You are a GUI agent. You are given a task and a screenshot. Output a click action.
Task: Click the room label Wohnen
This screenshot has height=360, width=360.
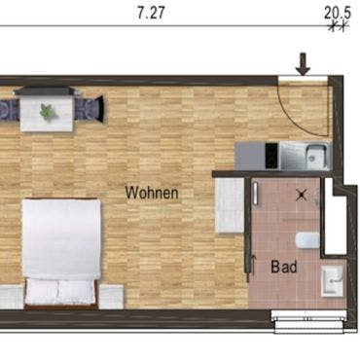(x=152, y=193)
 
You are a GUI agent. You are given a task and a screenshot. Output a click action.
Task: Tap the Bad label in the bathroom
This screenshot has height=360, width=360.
(x=284, y=267)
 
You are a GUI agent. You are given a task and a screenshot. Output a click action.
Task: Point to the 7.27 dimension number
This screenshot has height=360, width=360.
(x=151, y=13)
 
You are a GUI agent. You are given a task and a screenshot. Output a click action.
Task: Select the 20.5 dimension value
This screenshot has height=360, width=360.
(x=338, y=14)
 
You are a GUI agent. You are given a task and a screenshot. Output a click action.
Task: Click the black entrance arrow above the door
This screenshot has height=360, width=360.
(x=304, y=64)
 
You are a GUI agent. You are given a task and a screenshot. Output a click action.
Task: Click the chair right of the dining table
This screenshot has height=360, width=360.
(x=90, y=109)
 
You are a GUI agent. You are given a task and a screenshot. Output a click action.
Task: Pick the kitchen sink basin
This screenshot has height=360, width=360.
(x=316, y=156)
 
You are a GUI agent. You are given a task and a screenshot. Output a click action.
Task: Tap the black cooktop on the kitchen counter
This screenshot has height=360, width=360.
(x=271, y=156)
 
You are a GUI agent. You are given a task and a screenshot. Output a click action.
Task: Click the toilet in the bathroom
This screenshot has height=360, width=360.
(x=307, y=240)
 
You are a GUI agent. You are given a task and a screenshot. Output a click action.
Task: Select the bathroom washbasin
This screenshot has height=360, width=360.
(x=332, y=281)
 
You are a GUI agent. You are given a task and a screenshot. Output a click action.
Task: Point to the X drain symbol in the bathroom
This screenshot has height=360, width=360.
(x=302, y=195)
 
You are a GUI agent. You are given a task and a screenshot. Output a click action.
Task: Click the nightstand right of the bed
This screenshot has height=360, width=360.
(x=111, y=297)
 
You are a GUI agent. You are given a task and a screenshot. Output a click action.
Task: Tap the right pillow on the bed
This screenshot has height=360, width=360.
(x=77, y=291)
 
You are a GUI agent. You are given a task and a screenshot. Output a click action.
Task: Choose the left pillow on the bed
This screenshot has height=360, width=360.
(x=42, y=291)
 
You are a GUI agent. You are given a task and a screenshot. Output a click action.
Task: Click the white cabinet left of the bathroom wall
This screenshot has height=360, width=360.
(x=230, y=205)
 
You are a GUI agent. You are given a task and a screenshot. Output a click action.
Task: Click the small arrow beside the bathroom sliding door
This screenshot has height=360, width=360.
(x=254, y=265)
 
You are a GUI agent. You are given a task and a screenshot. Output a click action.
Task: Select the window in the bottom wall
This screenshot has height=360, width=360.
(x=308, y=322)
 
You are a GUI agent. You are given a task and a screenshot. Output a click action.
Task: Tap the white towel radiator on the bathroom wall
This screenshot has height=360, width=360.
(x=256, y=193)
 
